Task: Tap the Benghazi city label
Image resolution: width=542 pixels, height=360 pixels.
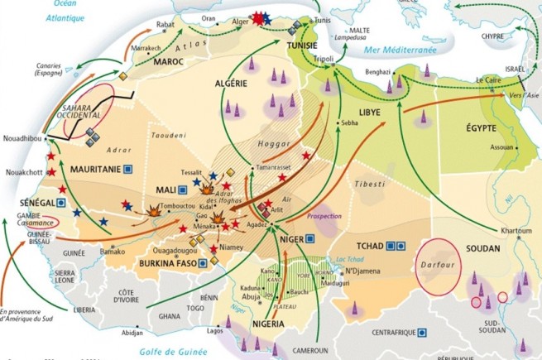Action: (374, 72)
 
